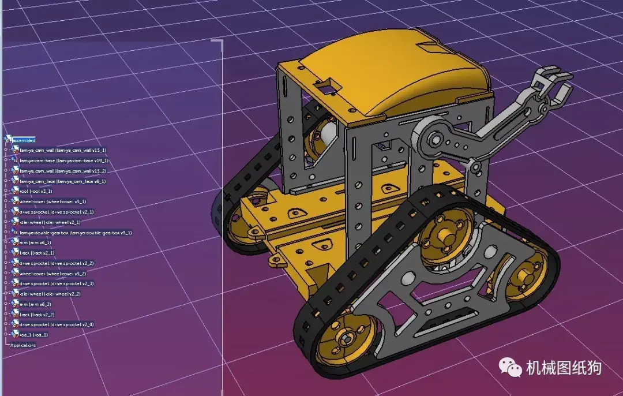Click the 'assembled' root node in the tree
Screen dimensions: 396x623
point(24,140)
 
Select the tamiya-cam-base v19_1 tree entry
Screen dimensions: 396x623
point(63,160)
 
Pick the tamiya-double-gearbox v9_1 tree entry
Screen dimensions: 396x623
point(75,233)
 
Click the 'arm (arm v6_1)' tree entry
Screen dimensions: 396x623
point(35,242)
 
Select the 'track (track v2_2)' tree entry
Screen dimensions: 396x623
point(37,315)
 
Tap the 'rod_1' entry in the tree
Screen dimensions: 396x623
point(33,335)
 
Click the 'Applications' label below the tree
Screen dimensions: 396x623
point(23,345)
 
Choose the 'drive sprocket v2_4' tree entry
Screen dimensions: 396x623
point(57,324)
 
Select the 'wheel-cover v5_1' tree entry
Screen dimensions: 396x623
point(52,201)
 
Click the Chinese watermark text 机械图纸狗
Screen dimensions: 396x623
point(564,367)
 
